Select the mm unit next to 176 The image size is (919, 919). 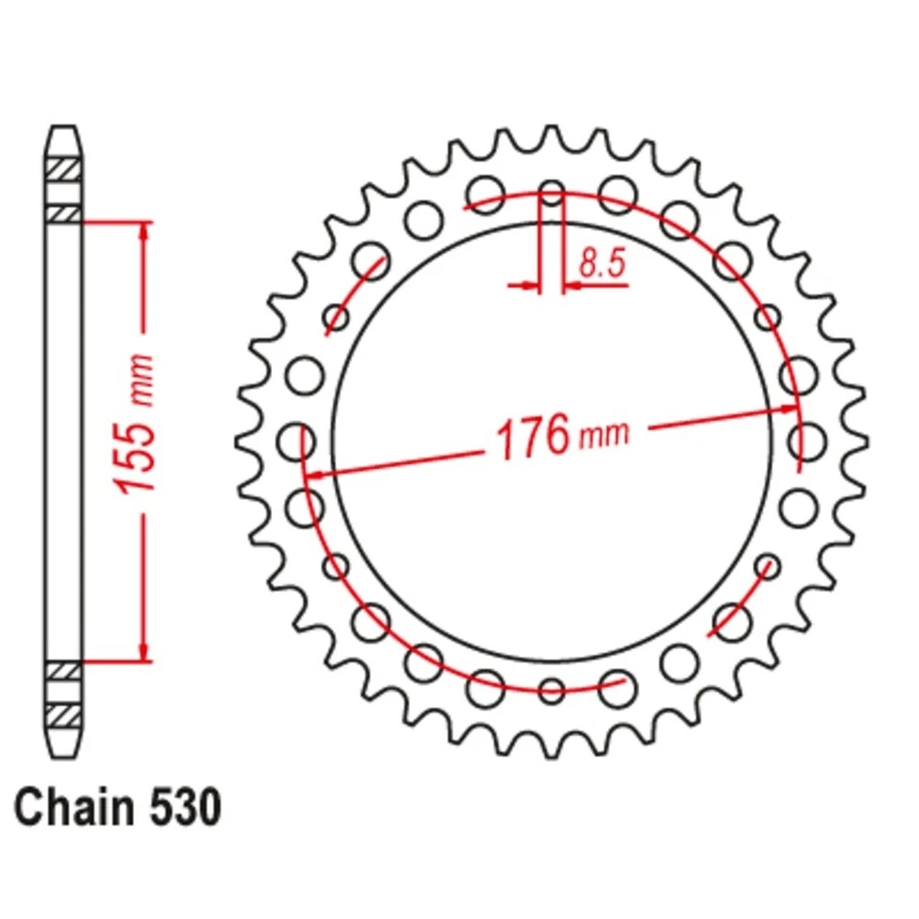(606, 436)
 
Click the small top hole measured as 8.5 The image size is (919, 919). (551, 191)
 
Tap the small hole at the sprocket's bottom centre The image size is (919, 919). (551, 689)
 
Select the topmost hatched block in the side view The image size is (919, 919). (63, 166)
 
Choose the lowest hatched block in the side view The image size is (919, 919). (63, 714)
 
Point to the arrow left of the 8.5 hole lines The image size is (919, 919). (524, 284)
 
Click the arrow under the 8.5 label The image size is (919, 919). (579, 284)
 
